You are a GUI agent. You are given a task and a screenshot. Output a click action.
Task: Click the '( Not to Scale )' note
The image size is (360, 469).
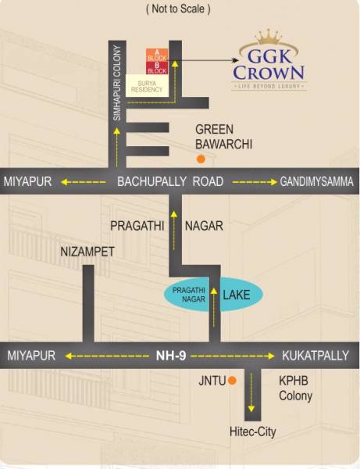pyautogui.click(x=178, y=9)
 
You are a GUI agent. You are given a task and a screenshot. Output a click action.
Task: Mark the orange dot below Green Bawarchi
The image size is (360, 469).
pyautogui.click(x=201, y=159)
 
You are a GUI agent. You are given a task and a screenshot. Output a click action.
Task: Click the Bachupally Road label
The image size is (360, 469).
pyautogui.click(x=170, y=181)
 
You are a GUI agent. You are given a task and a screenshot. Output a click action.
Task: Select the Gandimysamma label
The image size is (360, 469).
pyautogui.click(x=316, y=181)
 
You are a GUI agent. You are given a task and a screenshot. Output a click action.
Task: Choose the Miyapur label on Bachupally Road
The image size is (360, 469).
pyautogui.click(x=27, y=181)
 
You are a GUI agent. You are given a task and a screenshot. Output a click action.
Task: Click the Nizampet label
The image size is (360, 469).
pyautogui.click(x=87, y=252)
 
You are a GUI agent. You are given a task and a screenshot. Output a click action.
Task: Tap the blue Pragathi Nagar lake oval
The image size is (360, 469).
pyautogui.click(x=212, y=296)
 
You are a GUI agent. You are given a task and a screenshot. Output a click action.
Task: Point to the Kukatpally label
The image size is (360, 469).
pyautogui.click(x=315, y=355)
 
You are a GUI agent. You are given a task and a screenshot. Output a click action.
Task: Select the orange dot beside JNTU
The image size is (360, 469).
pyautogui.click(x=232, y=381)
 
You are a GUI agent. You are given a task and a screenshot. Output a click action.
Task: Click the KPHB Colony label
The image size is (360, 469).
pyautogui.click(x=296, y=388)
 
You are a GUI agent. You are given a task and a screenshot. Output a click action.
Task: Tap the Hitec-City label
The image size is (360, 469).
pyautogui.click(x=252, y=431)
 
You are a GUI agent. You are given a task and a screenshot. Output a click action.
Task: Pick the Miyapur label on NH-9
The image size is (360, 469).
pyautogui.click(x=31, y=355)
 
